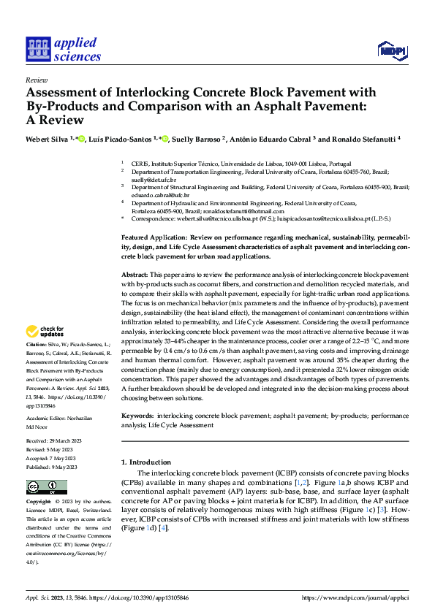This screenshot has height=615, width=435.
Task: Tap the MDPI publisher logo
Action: coord(390,50)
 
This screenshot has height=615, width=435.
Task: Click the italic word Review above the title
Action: coord(36,80)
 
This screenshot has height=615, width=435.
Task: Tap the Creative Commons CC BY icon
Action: coord(47,487)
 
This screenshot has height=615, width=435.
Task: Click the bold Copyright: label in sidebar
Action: coord(39,503)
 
